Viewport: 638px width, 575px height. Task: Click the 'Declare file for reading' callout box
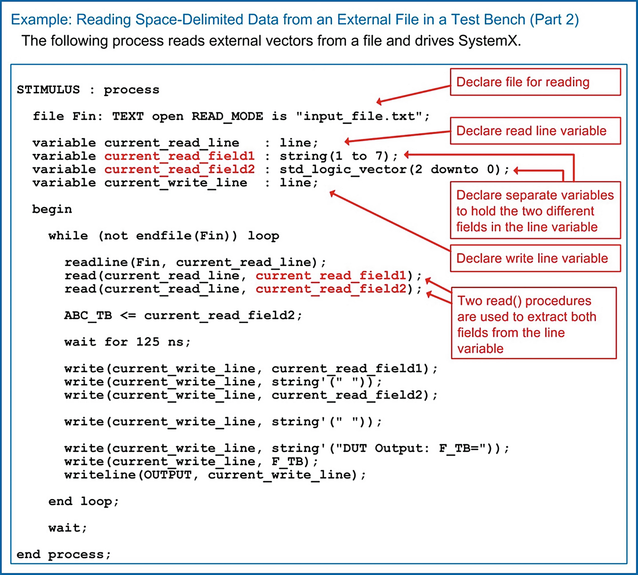[x=535, y=82]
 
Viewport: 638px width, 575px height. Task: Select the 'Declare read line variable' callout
[x=535, y=131]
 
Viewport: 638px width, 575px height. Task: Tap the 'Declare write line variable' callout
[x=535, y=258]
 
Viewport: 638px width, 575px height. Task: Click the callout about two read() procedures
[x=533, y=323]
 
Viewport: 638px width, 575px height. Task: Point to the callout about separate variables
[x=535, y=210]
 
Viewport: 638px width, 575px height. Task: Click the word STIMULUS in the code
[x=48, y=90]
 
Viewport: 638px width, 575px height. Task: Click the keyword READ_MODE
[x=227, y=116]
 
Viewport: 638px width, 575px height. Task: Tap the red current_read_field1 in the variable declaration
[x=179, y=156]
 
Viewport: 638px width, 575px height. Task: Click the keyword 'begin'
[x=52, y=209]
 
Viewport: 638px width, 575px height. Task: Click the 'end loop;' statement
[x=83, y=501]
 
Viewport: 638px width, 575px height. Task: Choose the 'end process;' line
[x=63, y=554]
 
